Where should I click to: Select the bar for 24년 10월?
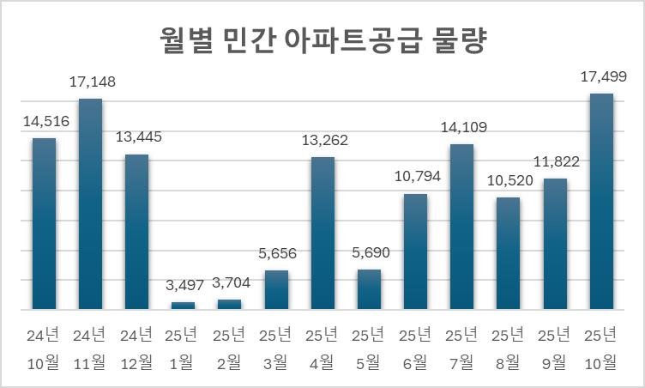point(44,223)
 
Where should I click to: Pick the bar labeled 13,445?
point(136,232)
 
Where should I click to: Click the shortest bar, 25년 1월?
point(183,305)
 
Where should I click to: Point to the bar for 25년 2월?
point(230,304)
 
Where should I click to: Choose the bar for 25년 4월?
point(322,233)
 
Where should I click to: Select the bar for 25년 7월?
point(462,227)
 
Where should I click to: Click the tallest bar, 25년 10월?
point(601,201)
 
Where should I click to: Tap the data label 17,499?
point(603,76)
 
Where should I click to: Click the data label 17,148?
point(92,82)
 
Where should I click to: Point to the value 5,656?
point(276,253)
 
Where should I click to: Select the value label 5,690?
point(369,253)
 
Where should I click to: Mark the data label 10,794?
point(417,178)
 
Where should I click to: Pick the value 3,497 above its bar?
point(184,286)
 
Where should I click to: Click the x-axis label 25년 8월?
point(509,348)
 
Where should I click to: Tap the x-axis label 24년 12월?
point(136,348)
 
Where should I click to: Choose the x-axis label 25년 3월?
point(276,348)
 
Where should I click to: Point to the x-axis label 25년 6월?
point(416,348)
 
